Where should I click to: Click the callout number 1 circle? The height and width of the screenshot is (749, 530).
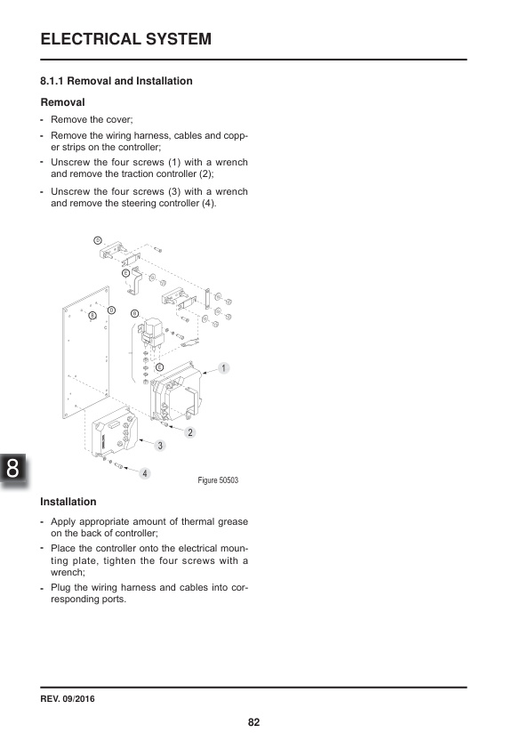click(224, 367)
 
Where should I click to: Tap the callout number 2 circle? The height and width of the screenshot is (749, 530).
click(190, 431)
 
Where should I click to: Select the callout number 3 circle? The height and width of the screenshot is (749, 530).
click(160, 444)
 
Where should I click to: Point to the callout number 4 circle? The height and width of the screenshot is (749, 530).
click(144, 472)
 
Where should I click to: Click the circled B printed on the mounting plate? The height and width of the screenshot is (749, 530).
click(92, 314)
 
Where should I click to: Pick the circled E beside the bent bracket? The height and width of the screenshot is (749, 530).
click(125, 272)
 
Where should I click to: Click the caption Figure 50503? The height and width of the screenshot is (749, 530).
click(218, 481)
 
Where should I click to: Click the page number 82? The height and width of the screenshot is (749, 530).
click(253, 721)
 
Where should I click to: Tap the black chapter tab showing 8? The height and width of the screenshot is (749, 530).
click(12, 469)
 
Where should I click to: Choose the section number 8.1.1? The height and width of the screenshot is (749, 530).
click(56, 81)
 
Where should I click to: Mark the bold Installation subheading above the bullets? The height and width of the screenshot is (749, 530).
click(68, 502)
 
